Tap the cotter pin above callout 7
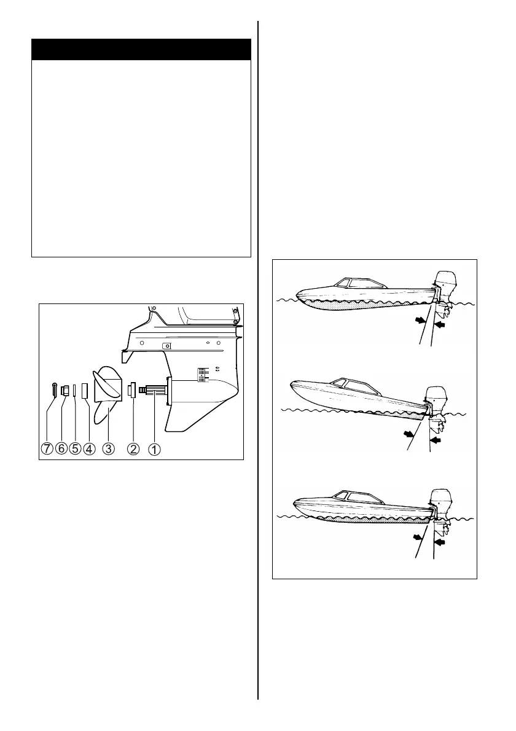point(53,389)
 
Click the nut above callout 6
point(64,389)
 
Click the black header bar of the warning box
point(141,49)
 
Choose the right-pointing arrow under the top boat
point(420,320)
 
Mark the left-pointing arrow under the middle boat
point(437,440)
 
